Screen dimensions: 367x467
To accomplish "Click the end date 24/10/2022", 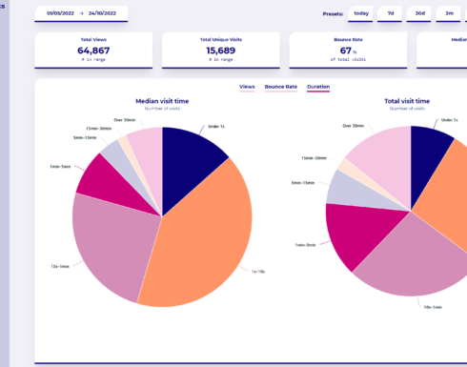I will tap(110, 13).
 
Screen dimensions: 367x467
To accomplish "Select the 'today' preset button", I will tap(361, 13).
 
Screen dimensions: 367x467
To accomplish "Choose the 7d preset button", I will tap(390, 13).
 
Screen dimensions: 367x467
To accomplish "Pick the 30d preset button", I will tap(419, 13).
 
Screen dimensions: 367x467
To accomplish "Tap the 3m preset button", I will tap(449, 13).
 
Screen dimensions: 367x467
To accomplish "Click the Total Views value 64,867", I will tap(93, 51).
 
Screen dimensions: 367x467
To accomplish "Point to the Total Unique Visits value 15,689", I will tap(221, 51).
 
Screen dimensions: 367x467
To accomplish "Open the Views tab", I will tap(247, 87).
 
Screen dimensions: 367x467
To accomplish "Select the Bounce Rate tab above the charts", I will tap(281, 87).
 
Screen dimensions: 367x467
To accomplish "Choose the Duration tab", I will tap(318, 87).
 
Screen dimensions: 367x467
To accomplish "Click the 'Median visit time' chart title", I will tap(162, 100).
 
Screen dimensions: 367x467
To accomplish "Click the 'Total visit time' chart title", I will tap(406, 100).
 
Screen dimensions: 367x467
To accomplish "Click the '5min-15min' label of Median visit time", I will tap(85, 137).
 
